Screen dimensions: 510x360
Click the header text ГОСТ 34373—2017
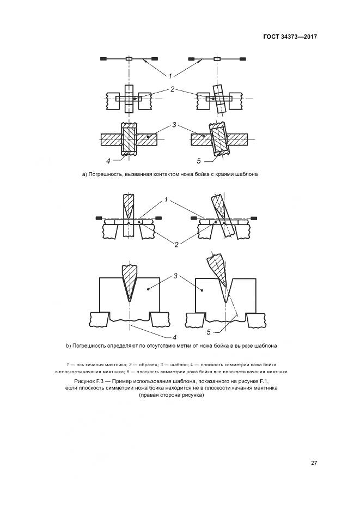pos(290,37)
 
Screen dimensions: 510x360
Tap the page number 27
pos(314,463)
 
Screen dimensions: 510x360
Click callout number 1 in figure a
pos(171,76)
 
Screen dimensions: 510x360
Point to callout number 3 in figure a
pos(174,125)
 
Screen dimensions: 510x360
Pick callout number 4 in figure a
pos(108,161)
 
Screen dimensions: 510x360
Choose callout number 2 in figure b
pos(176,245)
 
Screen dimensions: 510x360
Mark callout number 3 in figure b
pos(176,277)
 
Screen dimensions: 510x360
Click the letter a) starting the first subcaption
pos(84,174)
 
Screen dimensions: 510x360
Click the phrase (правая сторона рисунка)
pos(171,396)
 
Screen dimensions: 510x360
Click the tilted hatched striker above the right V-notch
pos(216,270)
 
